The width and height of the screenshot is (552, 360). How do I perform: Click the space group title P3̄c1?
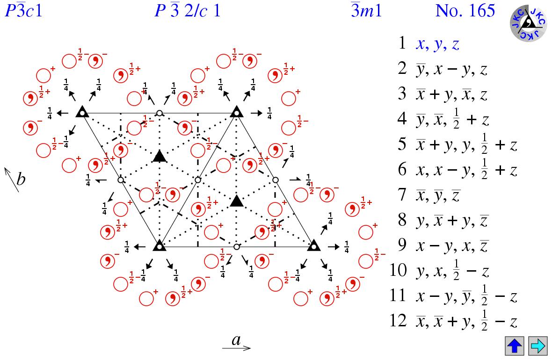click(23, 10)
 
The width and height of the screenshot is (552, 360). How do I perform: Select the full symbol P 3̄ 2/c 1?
click(187, 10)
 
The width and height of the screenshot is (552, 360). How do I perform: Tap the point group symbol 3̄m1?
click(366, 10)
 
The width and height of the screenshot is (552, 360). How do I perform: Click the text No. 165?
click(465, 10)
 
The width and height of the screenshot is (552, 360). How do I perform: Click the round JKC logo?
click(528, 23)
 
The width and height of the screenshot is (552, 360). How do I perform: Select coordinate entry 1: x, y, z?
click(437, 44)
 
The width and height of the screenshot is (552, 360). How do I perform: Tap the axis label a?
click(236, 341)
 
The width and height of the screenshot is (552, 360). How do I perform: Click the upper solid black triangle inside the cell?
click(160, 156)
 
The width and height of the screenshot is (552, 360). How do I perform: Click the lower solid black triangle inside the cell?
click(237, 201)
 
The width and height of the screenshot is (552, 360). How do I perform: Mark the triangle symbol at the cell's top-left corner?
click(82, 112)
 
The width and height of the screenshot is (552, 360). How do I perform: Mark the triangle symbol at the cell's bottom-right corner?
click(313, 245)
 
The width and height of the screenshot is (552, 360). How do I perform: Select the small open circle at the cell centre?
click(198, 180)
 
